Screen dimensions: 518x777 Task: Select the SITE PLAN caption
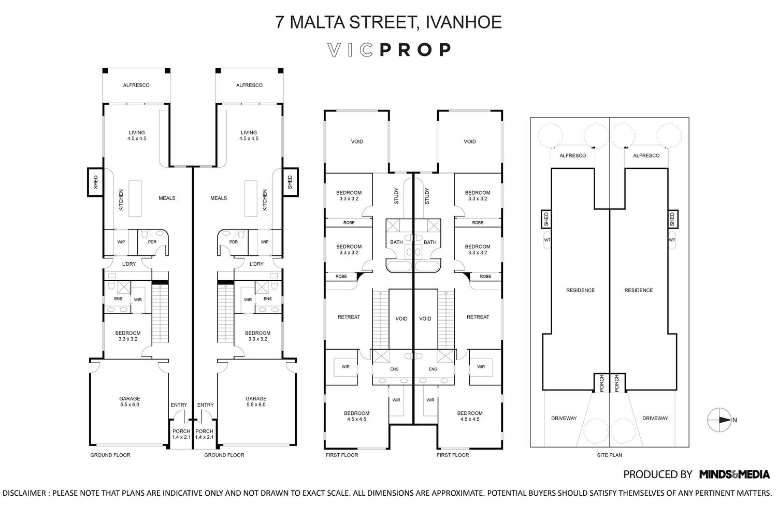pos(609,455)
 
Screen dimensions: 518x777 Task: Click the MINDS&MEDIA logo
pos(734,474)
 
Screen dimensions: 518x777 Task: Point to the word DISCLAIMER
pos(25,493)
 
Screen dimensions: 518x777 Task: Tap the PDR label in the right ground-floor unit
pos(233,242)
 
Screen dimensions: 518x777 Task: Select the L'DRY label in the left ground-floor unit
pos(128,264)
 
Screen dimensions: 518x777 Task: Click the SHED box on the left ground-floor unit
pos(95,182)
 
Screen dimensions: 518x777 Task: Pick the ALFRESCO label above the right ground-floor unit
pos(249,85)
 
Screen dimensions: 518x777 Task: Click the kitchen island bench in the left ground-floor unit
pos(135,198)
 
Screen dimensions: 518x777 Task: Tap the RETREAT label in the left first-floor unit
pos(348,317)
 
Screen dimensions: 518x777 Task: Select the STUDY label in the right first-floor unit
pos(427,195)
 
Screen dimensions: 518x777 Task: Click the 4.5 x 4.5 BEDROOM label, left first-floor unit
pos(356,416)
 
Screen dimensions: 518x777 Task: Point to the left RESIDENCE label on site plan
pos(580,290)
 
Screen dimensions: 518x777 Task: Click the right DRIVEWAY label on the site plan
pos(655,418)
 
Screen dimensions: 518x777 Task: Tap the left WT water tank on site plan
pos(547,240)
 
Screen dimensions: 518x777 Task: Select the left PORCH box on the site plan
pos(601,383)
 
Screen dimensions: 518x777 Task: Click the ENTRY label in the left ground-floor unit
pos(179,405)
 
